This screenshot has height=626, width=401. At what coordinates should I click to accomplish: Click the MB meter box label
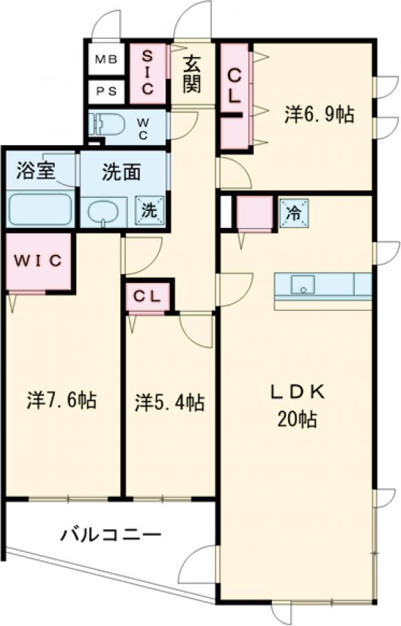(x=105, y=60)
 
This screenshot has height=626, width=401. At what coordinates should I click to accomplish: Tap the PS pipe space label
(x=105, y=91)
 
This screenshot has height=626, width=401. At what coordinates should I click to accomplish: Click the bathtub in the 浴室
(x=39, y=209)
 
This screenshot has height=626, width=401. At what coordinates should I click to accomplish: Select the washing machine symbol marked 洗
(x=149, y=210)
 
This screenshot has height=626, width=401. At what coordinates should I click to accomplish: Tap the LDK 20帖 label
(x=297, y=407)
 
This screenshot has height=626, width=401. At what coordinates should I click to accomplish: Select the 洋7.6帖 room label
(x=61, y=401)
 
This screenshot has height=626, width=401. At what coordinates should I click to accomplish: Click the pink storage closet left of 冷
(x=255, y=213)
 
